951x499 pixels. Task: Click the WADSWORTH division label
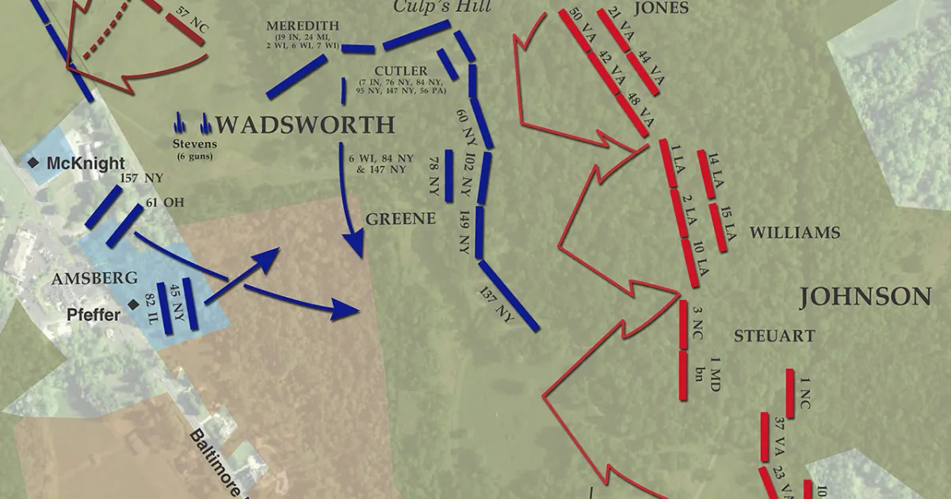pyautogui.click(x=305, y=125)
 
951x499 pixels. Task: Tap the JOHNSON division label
pyautogui.click(x=865, y=297)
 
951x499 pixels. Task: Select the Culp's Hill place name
pyautogui.click(x=443, y=8)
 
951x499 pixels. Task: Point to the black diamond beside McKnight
pyautogui.click(x=33, y=162)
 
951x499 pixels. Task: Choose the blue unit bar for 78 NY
pyautogui.click(x=449, y=175)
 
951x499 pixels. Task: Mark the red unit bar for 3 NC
pyautogui.click(x=683, y=325)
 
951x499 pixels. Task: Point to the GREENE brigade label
pyautogui.click(x=401, y=219)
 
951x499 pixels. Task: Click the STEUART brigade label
pyautogui.click(x=773, y=336)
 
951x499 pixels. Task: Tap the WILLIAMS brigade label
pyautogui.click(x=794, y=233)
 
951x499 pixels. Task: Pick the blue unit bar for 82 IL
pyautogui.click(x=165, y=303)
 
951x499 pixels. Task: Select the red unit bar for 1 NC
pyautogui.click(x=789, y=394)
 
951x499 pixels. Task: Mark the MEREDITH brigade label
pyautogui.click(x=303, y=26)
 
